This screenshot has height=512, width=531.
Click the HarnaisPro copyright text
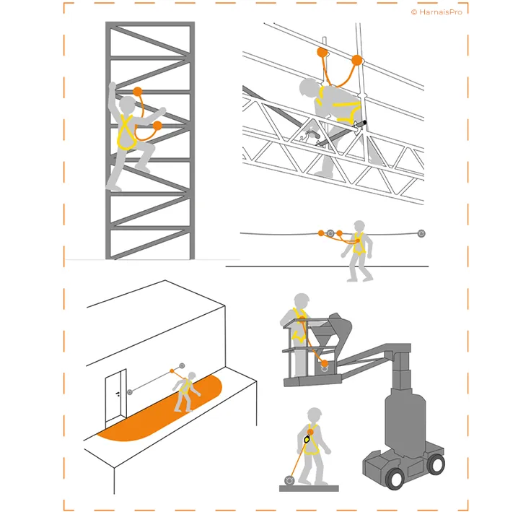point(436,12)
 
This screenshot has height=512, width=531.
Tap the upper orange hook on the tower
point(139,92)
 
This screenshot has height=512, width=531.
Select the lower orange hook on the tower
point(157,126)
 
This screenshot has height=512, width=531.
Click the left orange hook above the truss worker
point(322,52)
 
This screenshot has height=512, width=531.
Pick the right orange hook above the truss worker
point(356,59)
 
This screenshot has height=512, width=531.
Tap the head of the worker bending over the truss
point(309,88)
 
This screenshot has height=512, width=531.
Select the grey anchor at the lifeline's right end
point(421,233)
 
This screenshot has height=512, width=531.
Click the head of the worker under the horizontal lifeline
point(357,226)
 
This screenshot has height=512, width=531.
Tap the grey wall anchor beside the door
point(130,391)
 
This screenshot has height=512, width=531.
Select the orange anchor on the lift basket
point(325,363)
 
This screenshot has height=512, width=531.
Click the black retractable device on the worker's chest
point(307,438)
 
